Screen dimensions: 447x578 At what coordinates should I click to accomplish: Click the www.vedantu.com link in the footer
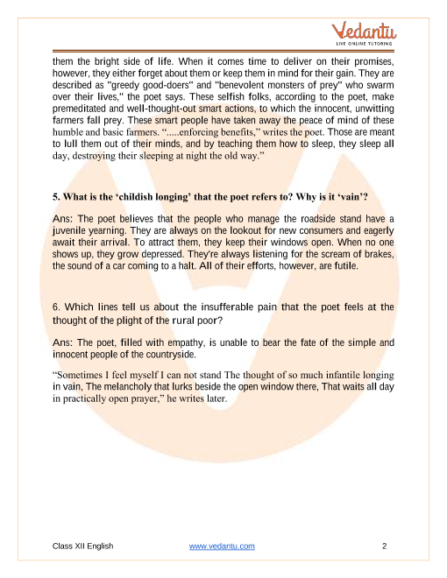point(222,546)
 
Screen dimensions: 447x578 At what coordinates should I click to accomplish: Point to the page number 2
point(385,546)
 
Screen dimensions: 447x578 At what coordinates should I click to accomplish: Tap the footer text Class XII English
point(82,546)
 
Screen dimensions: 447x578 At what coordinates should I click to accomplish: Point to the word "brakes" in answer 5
point(376,253)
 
